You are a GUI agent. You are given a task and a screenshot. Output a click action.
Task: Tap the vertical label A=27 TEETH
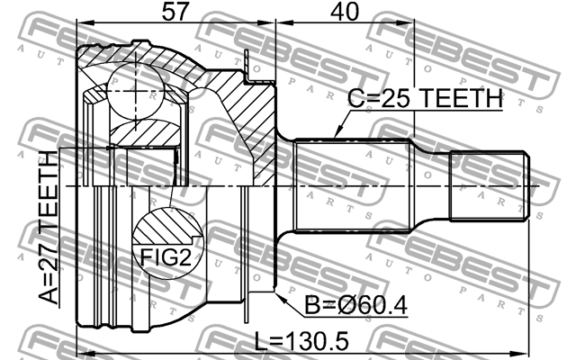(x=47, y=229)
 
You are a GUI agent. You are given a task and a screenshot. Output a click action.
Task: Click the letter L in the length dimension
(x=261, y=344)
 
